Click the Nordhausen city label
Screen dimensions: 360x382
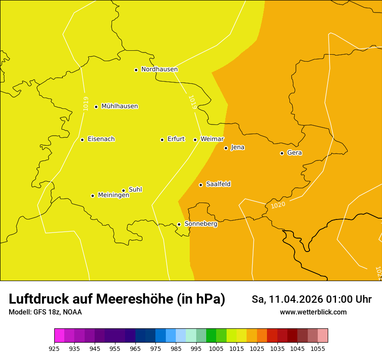pyautogui.click(x=159, y=69)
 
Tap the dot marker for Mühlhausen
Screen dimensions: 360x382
pyautogui.click(x=96, y=107)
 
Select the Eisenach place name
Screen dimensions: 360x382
pyautogui.click(x=101, y=139)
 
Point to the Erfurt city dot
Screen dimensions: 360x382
pyautogui.click(x=162, y=140)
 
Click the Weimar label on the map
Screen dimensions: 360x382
pyautogui.click(x=212, y=139)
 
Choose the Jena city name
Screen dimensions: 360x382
pyautogui.click(x=237, y=147)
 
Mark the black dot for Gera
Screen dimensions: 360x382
pyautogui.click(x=282, y=153)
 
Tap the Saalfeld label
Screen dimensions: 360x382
pyautogui.click(x=218, y=184)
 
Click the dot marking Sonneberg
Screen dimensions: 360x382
pyautogui.click(x=179, y=224)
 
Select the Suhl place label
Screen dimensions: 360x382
pyautogui.click(x=135, y=190)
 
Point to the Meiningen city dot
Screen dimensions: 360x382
pyautogui.click(x=92, y=196)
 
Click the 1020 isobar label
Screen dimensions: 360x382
pyautogui.click(x=278, y=205)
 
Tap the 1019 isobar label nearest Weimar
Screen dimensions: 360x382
pyautogui.click(x=193, y=102)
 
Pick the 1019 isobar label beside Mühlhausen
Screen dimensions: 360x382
pyautogui.click(x=86, y=103)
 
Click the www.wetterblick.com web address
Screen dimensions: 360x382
pyautogui.click(x=313, y=312)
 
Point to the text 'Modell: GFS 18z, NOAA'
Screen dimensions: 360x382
pyautogui.click(x=45, y=312)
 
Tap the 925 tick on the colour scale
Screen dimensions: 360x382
pyautogui.click(x=54, y=348)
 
